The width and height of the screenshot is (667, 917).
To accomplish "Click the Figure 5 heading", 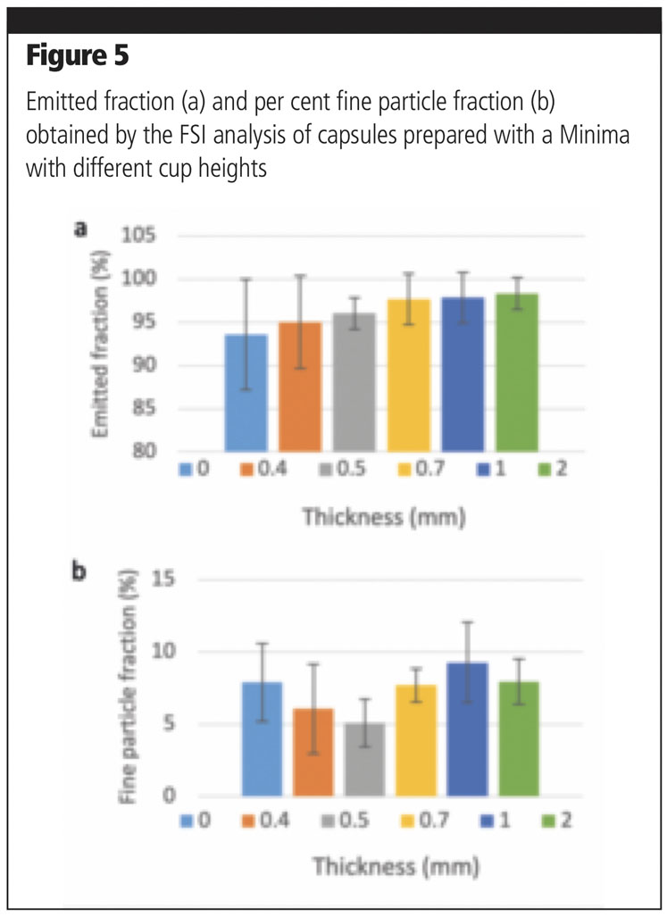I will point(77,56).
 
